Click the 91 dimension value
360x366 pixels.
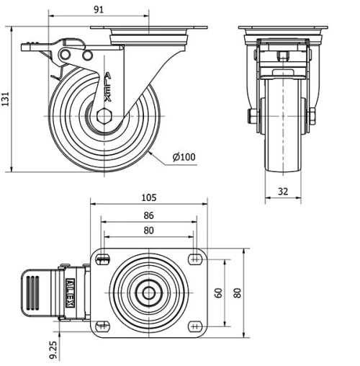click(x=99, y=9)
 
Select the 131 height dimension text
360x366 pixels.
click(x=6, y=99)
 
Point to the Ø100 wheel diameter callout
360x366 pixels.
click(x=184, y=157)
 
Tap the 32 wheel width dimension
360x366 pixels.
click(x=283, y=191)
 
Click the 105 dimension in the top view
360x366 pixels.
click(x=149, y=197)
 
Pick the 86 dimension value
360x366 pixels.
click(x=149, y=215)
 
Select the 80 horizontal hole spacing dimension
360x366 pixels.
click(x=149, y=231)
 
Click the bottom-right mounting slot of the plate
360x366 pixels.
click(x=194, y=326)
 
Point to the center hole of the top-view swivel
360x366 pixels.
click(x=149, y=293)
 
